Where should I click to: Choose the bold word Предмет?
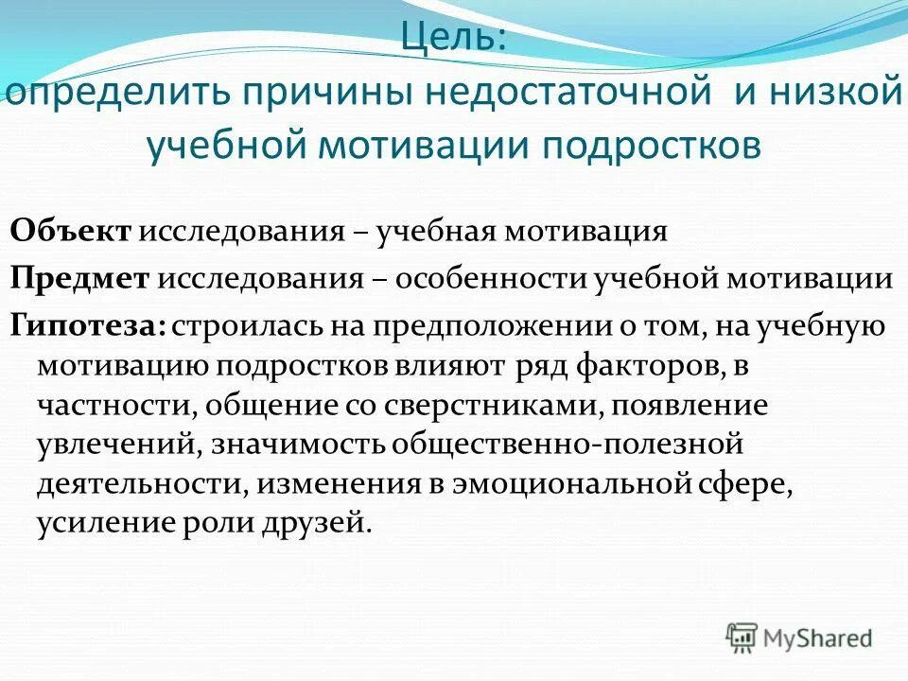[x=80, y=279]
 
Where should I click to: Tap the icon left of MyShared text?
[x=742, y=637]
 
